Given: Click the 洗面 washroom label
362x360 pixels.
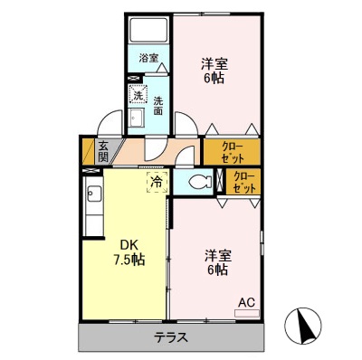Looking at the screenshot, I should click(157, 106).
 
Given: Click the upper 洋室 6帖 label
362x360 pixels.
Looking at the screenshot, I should click(214, 71).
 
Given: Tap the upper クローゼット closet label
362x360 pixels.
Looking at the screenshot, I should click(229, 150).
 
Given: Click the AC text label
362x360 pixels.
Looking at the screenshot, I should click(246, 302).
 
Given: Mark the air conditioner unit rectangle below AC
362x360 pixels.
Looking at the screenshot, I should click(246, 313).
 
